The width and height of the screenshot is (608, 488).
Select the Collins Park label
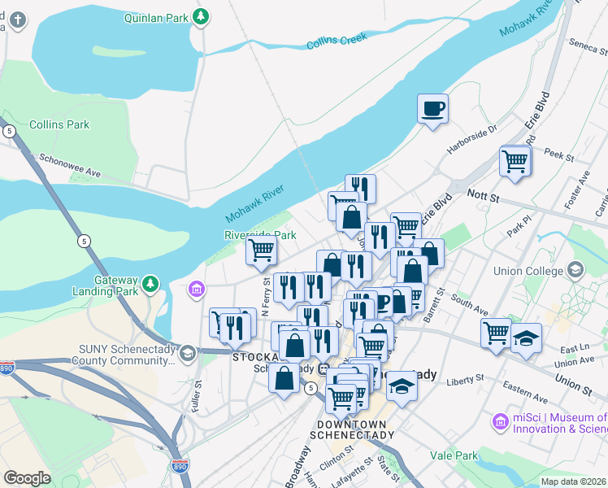pyautogui.click(x=59, y=124)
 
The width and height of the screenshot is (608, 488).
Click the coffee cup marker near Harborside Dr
pyautogui.click(x=433, y=107)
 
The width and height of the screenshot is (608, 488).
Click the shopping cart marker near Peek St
pyautogui.click(x=515, y=161)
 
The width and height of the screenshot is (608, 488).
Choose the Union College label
pyautogui.click(x=528, y=271)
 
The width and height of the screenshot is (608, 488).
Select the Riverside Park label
pyautogui.click(x=261, y=235)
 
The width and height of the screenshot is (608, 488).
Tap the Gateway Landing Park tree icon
pyautogui.click(x=150, y=284)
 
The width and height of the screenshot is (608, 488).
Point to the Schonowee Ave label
pyautogui.click(x=69, y=161)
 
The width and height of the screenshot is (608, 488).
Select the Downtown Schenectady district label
pyautogui.click(x=356, y=429)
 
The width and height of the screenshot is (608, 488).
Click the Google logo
pyautogui.click(x=27, y=478)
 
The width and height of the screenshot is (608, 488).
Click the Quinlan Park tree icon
pyautogui.click(x=201, y=15)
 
